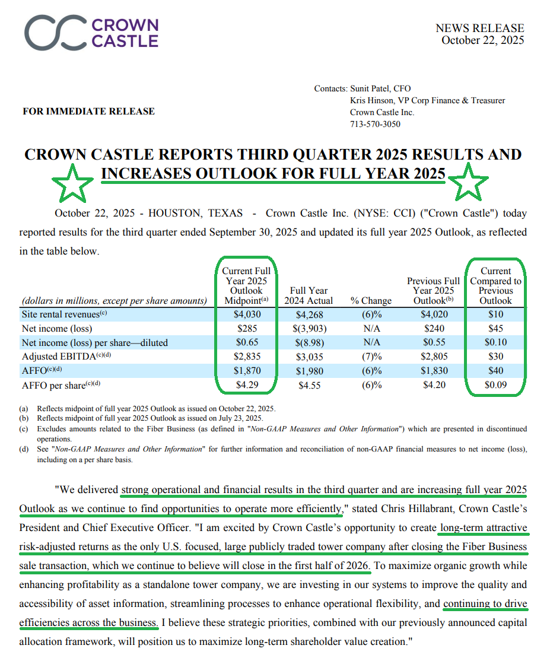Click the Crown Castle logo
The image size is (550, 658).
[92, 33]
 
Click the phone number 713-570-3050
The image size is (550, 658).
[375, 124]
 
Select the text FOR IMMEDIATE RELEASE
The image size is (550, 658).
[88, 111]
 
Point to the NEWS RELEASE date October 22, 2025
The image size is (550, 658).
[482, 40]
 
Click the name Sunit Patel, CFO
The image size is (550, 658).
[380, 88]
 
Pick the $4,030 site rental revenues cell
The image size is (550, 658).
[246, 314]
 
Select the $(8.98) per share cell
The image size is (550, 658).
[309, 342]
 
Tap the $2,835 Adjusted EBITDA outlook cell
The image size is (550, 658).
[246, 357]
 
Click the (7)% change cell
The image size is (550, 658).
[370, 357]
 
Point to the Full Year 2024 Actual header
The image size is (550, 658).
[309, 295]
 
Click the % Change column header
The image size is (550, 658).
[370, 300]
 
